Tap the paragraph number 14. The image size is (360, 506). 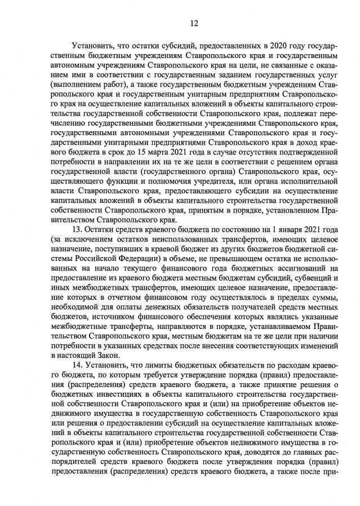pyautogui.click(x=78, y=366)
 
